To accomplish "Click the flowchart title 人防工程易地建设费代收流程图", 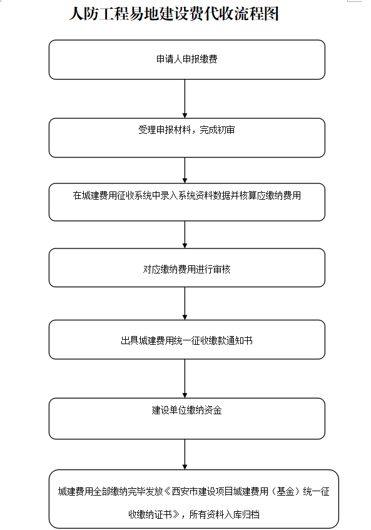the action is [174, 14].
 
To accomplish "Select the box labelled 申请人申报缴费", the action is [187, 59].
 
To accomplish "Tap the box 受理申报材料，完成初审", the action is [187, 138].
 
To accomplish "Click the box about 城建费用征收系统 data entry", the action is [187, 202].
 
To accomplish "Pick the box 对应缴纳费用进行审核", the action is [187, 268].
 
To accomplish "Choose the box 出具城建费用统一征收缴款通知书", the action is [187, 340].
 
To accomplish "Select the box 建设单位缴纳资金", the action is [187, 419].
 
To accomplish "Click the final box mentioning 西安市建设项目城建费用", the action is [193, 499].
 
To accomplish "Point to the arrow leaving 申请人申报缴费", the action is [185, 99].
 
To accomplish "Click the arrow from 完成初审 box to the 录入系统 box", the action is [185, 170].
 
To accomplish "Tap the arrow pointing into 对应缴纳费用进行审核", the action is [185, 235].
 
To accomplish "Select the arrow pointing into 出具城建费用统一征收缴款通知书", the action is [185, 303].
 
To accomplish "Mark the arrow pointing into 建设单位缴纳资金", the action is [185, 379].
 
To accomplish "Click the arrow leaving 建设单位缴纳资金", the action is [185, 455].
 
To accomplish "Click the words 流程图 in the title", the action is [256, 14].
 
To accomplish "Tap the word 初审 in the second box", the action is [226, 130].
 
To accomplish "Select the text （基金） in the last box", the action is [285, 491].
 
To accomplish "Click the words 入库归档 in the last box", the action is [242, 514].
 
